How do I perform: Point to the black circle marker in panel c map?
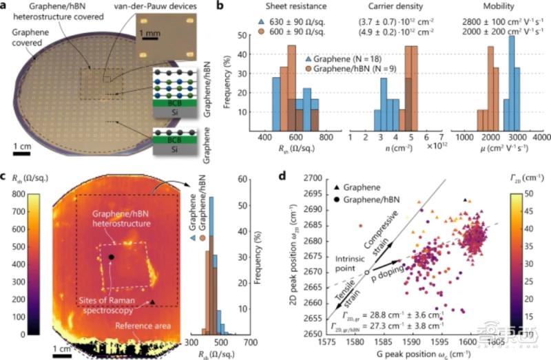pos(111,257)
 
